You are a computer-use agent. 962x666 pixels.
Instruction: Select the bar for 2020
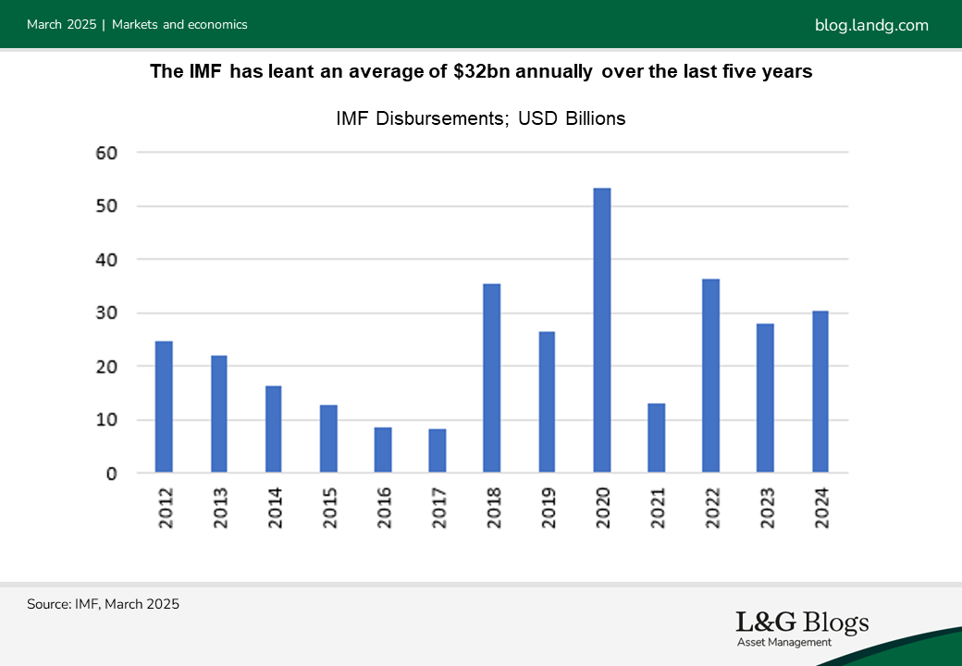point(601,331)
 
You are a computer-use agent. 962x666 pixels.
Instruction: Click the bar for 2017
point(438,451)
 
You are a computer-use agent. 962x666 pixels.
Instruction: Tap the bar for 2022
point(710,376)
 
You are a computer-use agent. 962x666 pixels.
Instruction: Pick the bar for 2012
point(164,408)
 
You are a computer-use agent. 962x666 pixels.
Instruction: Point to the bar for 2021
point(656,438)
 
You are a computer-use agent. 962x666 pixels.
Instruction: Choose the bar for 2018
point(492,378)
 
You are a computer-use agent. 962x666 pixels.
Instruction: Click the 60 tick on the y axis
point(107,153)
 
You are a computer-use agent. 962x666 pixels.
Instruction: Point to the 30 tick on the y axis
point(107,313)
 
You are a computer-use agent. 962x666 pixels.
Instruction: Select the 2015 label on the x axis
point(329,507)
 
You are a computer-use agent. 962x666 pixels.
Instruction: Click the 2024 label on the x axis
point(820,507)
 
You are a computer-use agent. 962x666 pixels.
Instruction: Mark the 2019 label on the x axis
point(548,507)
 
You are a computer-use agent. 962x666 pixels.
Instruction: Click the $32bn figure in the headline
point(478,72)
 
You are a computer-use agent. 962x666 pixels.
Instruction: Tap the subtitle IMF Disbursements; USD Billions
point(480,118)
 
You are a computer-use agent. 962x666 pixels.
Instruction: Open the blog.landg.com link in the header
point(871,25)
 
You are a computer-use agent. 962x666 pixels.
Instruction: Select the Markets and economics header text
point(179,25)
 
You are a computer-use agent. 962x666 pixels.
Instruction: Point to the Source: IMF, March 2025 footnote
point(103,604)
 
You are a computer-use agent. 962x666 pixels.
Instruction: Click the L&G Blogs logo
point(802,623)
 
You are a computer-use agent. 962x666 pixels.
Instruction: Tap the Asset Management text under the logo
point(784,642)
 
